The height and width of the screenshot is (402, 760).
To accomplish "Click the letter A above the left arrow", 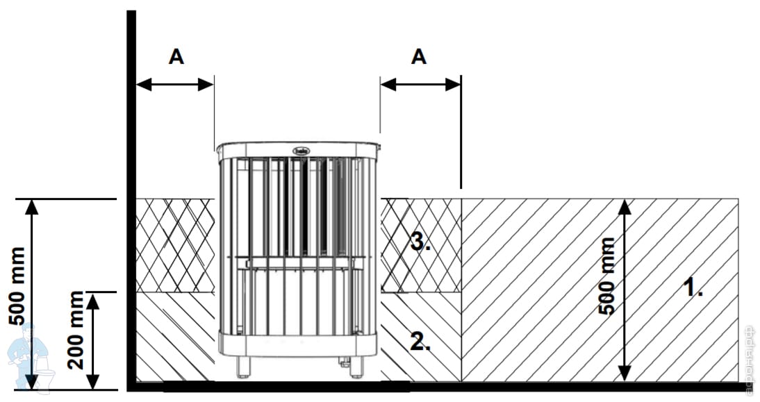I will tap(176, 58).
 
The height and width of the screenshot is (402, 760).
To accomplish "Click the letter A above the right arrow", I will tap(418, 58).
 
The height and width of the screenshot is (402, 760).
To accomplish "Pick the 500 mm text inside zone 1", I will tap(606, 276).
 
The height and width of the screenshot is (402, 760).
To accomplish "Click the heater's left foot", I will tap(242, 367).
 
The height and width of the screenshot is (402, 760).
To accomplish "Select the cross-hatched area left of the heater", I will tap(175, 244).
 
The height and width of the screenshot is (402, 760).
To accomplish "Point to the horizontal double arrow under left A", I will tap(175, 85).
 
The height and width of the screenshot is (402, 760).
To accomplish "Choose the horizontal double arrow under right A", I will tap(420, 85).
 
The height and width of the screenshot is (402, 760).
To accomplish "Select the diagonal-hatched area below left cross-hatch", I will tap(175, 337).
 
